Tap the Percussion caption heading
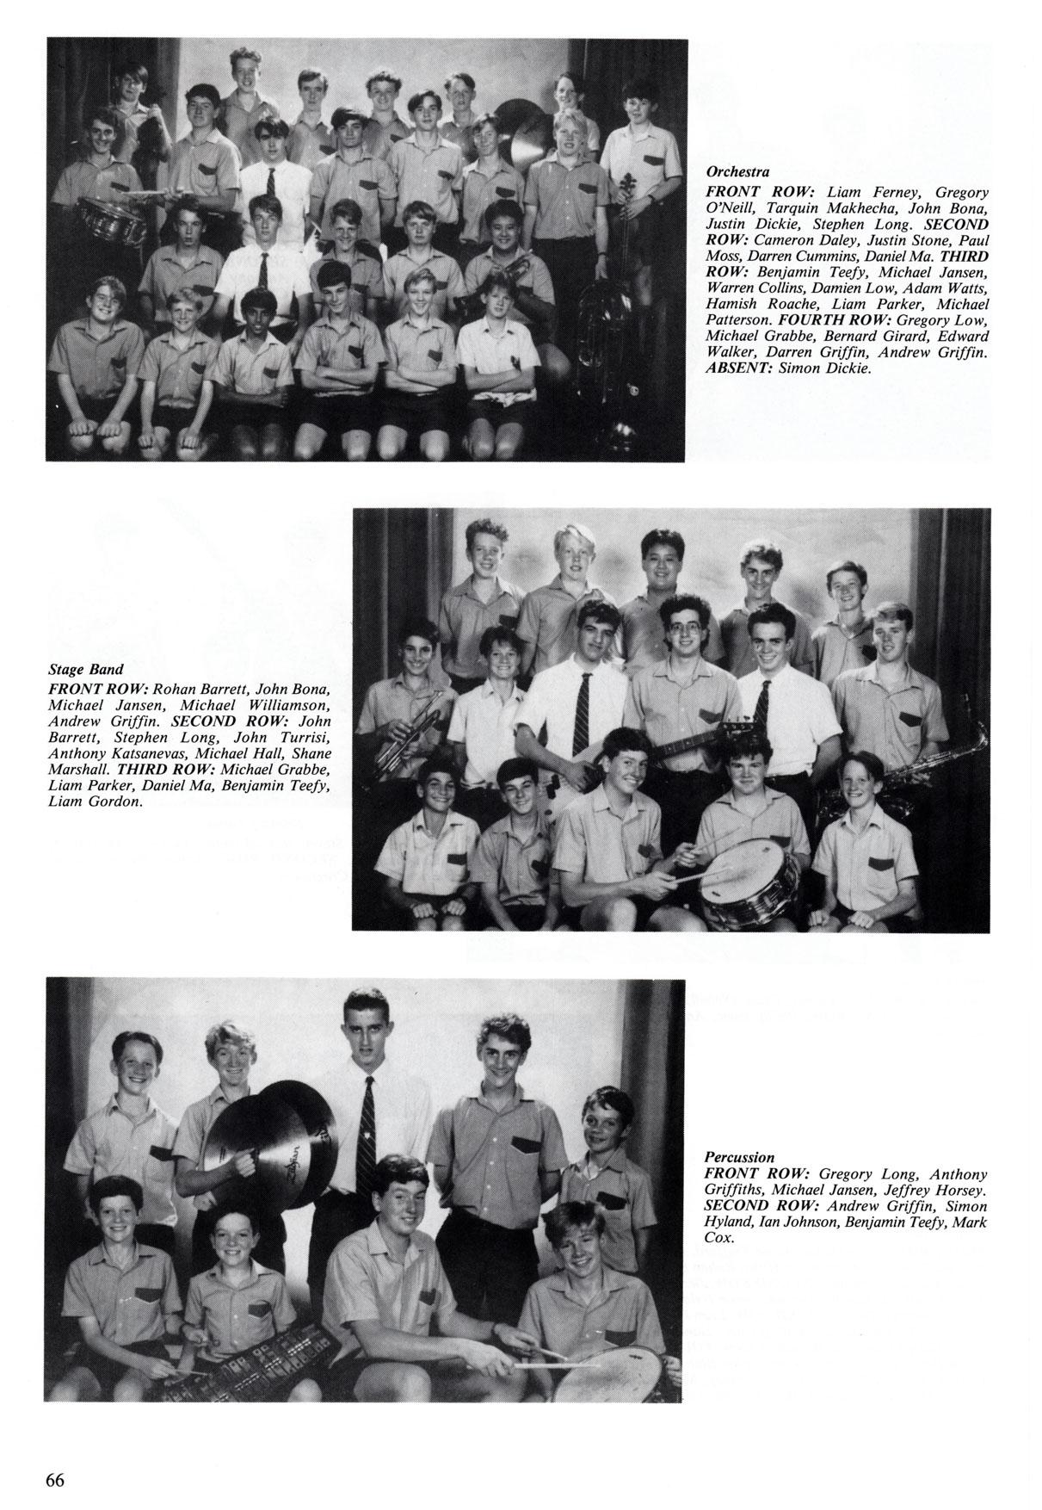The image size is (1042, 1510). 739,1157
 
